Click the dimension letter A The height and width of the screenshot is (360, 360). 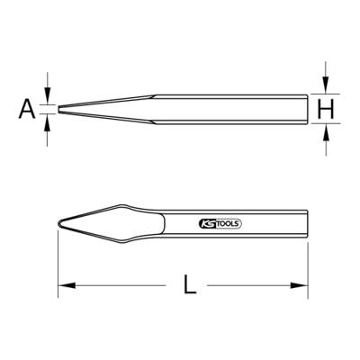[27, 110]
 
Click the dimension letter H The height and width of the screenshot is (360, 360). [326, 109]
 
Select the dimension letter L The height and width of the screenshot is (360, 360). [190, 284]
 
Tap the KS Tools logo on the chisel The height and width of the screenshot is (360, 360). [220, 224]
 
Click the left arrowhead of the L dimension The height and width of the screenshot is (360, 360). [67, 285]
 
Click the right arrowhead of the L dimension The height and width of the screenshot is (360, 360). [300, 285]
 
